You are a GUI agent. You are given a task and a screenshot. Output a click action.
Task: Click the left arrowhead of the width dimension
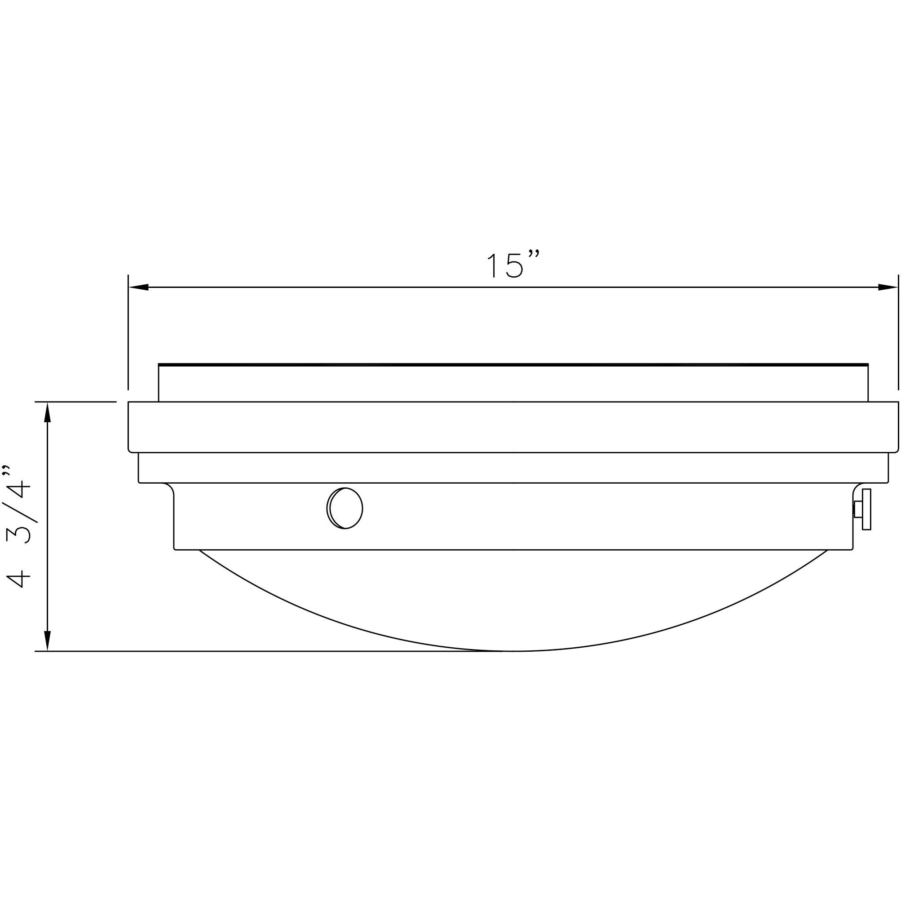point(138,287)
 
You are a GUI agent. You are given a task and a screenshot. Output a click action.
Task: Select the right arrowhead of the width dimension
point(888,287)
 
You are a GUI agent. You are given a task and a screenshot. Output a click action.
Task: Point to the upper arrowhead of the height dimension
point(47,412)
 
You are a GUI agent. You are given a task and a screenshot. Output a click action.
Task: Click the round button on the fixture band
point(345,508)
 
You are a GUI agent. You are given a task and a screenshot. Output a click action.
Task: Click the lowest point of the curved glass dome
point(513,650)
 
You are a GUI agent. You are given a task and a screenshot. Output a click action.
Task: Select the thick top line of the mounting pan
point(513,364)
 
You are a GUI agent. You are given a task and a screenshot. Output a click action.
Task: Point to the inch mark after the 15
point(534,254)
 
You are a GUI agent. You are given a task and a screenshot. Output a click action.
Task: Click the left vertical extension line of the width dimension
point(128,331)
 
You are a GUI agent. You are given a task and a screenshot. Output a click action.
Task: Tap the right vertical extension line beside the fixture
point(898,331)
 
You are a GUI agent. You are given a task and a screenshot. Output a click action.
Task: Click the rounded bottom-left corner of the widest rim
point(130,450)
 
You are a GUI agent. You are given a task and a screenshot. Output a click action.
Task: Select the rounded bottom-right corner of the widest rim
point(897,450)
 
